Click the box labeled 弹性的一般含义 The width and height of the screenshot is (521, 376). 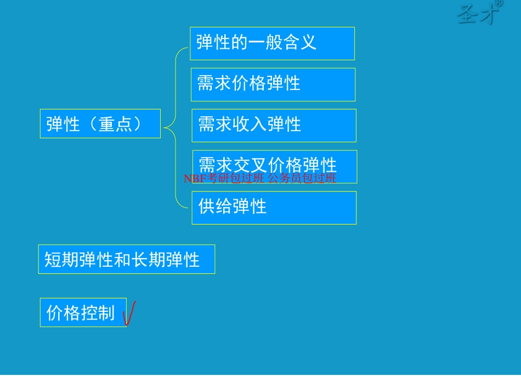(x=272, y=43)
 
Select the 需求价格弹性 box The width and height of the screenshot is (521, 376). (x=273, y=85)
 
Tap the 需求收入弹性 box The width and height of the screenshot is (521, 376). (x=273, y=125)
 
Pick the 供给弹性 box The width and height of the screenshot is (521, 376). (x=274, y=207)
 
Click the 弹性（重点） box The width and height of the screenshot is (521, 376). (x=100, y=124)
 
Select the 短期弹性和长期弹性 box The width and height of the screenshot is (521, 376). (x=126, y=259)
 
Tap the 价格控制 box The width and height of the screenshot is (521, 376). (x=83, y=312)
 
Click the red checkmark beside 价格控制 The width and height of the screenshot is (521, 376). (x=130, y=313)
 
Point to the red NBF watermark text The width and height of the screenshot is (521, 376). (x=260, y=178)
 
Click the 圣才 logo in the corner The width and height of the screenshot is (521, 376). (x=478, y=14)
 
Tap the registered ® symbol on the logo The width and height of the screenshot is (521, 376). (x=499, y=3)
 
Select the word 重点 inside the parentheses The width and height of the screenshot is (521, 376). (x=116, y=124)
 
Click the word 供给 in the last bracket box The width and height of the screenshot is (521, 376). (x=216, y=206)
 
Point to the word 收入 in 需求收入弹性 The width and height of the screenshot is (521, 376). (x=250, y=125)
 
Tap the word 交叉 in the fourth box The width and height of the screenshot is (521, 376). (x=250, y=165)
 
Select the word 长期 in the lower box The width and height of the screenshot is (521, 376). (x=148, y=260)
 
